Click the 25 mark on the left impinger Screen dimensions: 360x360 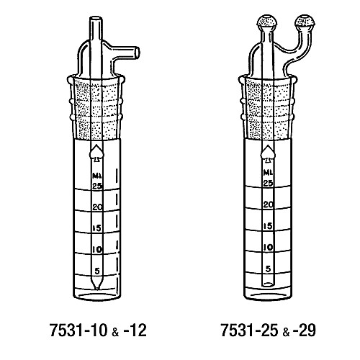(x=97, y=186)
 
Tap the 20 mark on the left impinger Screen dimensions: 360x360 (x=97, y=207)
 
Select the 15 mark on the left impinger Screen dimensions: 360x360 (x=97, y=228)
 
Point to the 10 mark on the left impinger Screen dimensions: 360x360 (x=97, y=250)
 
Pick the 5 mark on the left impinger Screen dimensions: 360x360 (x=97, y=271)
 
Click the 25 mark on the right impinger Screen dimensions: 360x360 (x=268, y=184)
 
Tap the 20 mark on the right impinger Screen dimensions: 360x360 (x=268, y=204)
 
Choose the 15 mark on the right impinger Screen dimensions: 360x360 (x=268, y=226)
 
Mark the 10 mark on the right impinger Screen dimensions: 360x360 (x=268, y=247)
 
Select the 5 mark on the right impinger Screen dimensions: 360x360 (x=268, y=269)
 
